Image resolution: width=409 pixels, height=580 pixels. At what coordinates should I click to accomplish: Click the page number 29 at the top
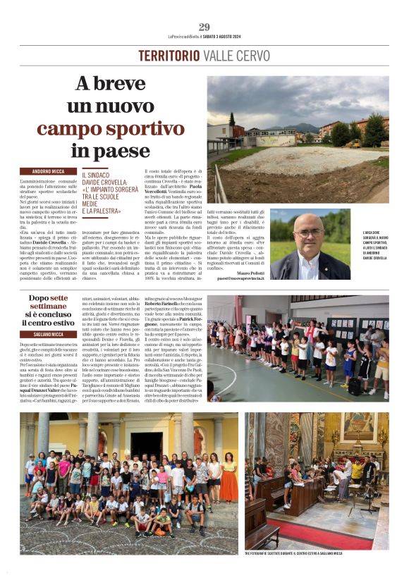pyautogui.click(x=204, y=27)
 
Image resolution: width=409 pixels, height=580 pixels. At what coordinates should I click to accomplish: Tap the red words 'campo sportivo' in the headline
pyautogui.click(x=101, y=129)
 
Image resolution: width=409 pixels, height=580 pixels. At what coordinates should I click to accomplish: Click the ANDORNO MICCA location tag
pyautogui.click(x=48, y=171)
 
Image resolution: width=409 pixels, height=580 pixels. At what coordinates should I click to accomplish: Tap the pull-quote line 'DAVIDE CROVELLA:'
pyautogui.click(x=110, y=182)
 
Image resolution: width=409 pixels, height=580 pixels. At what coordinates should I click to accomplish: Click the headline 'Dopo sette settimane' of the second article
pyautogui.click(x=49, y=302)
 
